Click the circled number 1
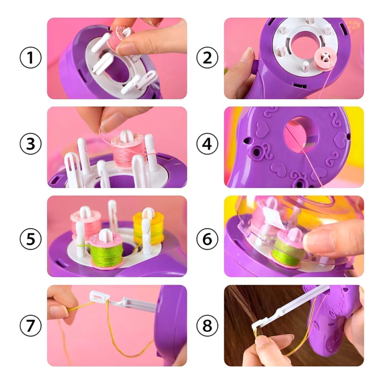[x=30, y=57]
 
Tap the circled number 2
[x=207, y=57]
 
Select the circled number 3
[x=30, y=144]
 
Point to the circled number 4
[x=207, y=144]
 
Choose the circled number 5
[x=30, y=239]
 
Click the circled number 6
[x=207, y=239]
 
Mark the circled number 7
[x=30, y=325]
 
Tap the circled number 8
[x=207, y=325]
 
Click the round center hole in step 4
[x=301, y=135]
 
